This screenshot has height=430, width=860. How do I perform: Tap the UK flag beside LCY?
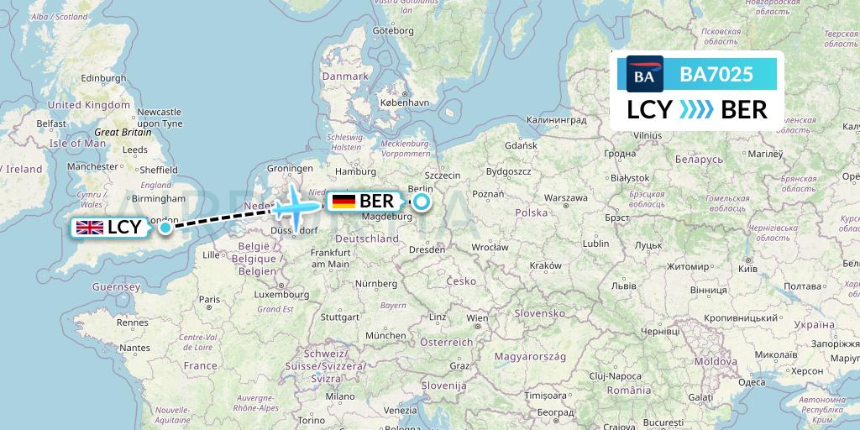tap(89, 227)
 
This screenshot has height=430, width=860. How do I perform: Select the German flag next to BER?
tap(343, 202)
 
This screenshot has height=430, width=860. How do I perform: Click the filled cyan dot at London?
tap(165, 227)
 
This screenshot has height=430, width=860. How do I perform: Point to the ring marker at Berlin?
tap(421, 202)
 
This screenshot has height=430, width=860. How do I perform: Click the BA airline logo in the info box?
tap(645, 75)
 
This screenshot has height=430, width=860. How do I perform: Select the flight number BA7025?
tap(716, 75)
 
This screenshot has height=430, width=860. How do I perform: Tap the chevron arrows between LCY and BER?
tap(696, 110)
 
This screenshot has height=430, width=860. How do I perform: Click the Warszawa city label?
tap(566, 199)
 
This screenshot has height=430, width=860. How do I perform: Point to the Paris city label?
tap(209, 299)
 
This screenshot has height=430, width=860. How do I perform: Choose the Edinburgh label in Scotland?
tap(81, 78)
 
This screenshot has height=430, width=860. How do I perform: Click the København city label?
tap(404, 102)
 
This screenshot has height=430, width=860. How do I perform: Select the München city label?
tap(385, 334)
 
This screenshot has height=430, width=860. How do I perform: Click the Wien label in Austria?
tap(477, 318)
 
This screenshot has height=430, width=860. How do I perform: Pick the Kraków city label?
tap(546, 265)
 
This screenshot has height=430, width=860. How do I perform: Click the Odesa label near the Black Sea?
tap(752, 382)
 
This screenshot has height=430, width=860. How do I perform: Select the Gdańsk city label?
tap(521, 145)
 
